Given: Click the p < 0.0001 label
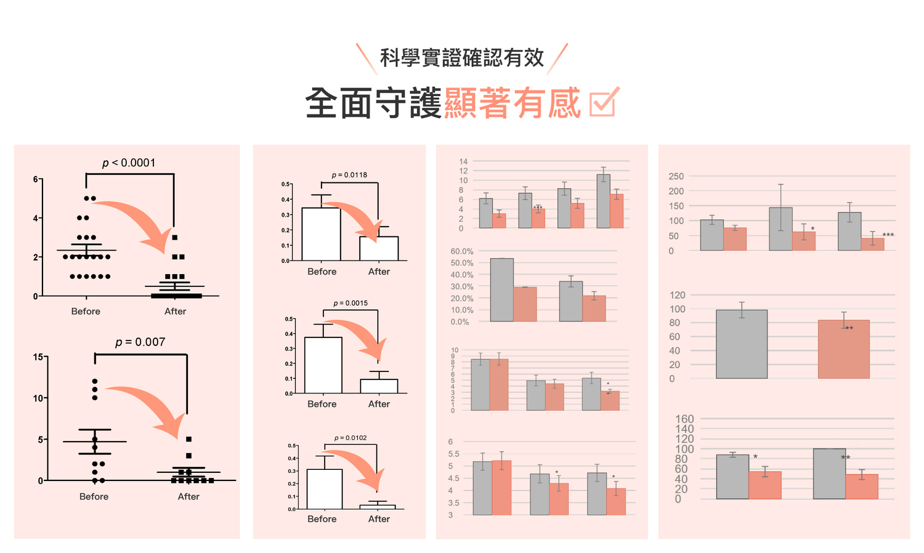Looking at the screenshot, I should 129,163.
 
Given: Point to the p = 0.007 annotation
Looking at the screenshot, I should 140,342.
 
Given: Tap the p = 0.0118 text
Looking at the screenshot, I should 349,175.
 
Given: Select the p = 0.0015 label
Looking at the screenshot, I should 351,303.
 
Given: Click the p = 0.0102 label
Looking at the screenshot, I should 351,438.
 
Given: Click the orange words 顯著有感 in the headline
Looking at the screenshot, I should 512,103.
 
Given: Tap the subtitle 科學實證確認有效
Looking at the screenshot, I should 462,58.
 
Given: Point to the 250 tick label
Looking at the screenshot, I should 676,177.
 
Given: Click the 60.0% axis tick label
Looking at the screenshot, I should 462,251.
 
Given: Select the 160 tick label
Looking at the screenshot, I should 684,419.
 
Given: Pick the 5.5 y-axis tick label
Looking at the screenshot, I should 453,454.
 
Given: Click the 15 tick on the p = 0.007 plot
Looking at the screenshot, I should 38,357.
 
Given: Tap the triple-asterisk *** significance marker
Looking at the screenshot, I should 888,235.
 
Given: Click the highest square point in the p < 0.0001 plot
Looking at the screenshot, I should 175,237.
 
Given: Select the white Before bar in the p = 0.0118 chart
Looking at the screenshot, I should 321,234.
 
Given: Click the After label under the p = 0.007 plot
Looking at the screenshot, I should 188,496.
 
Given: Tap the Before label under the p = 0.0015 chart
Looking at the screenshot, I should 322,404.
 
